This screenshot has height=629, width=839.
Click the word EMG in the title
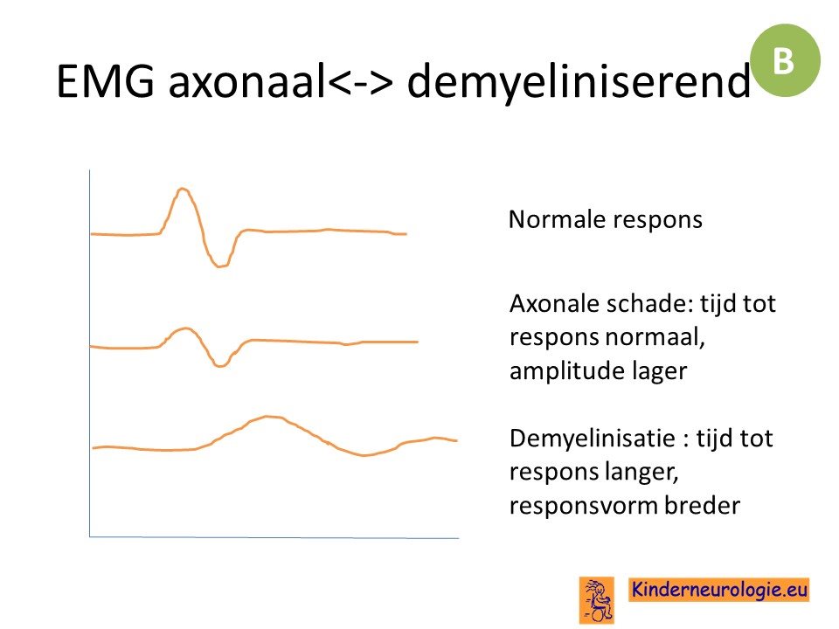coord(106,80)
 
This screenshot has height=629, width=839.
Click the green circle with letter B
coord(785,60)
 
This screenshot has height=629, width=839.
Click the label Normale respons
coord(605,220)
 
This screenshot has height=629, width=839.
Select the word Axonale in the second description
coord(554,304)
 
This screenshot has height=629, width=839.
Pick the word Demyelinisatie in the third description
coord(593,439)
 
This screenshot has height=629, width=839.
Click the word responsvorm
coord(582,506)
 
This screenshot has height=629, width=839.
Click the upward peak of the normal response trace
coord(183,189)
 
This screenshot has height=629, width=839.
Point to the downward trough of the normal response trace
coord(219,266)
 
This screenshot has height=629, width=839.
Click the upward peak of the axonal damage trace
coord(185,329)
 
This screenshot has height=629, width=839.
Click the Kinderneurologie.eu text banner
coord(718,590)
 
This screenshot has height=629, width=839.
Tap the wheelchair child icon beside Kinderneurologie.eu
coord(597,599)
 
